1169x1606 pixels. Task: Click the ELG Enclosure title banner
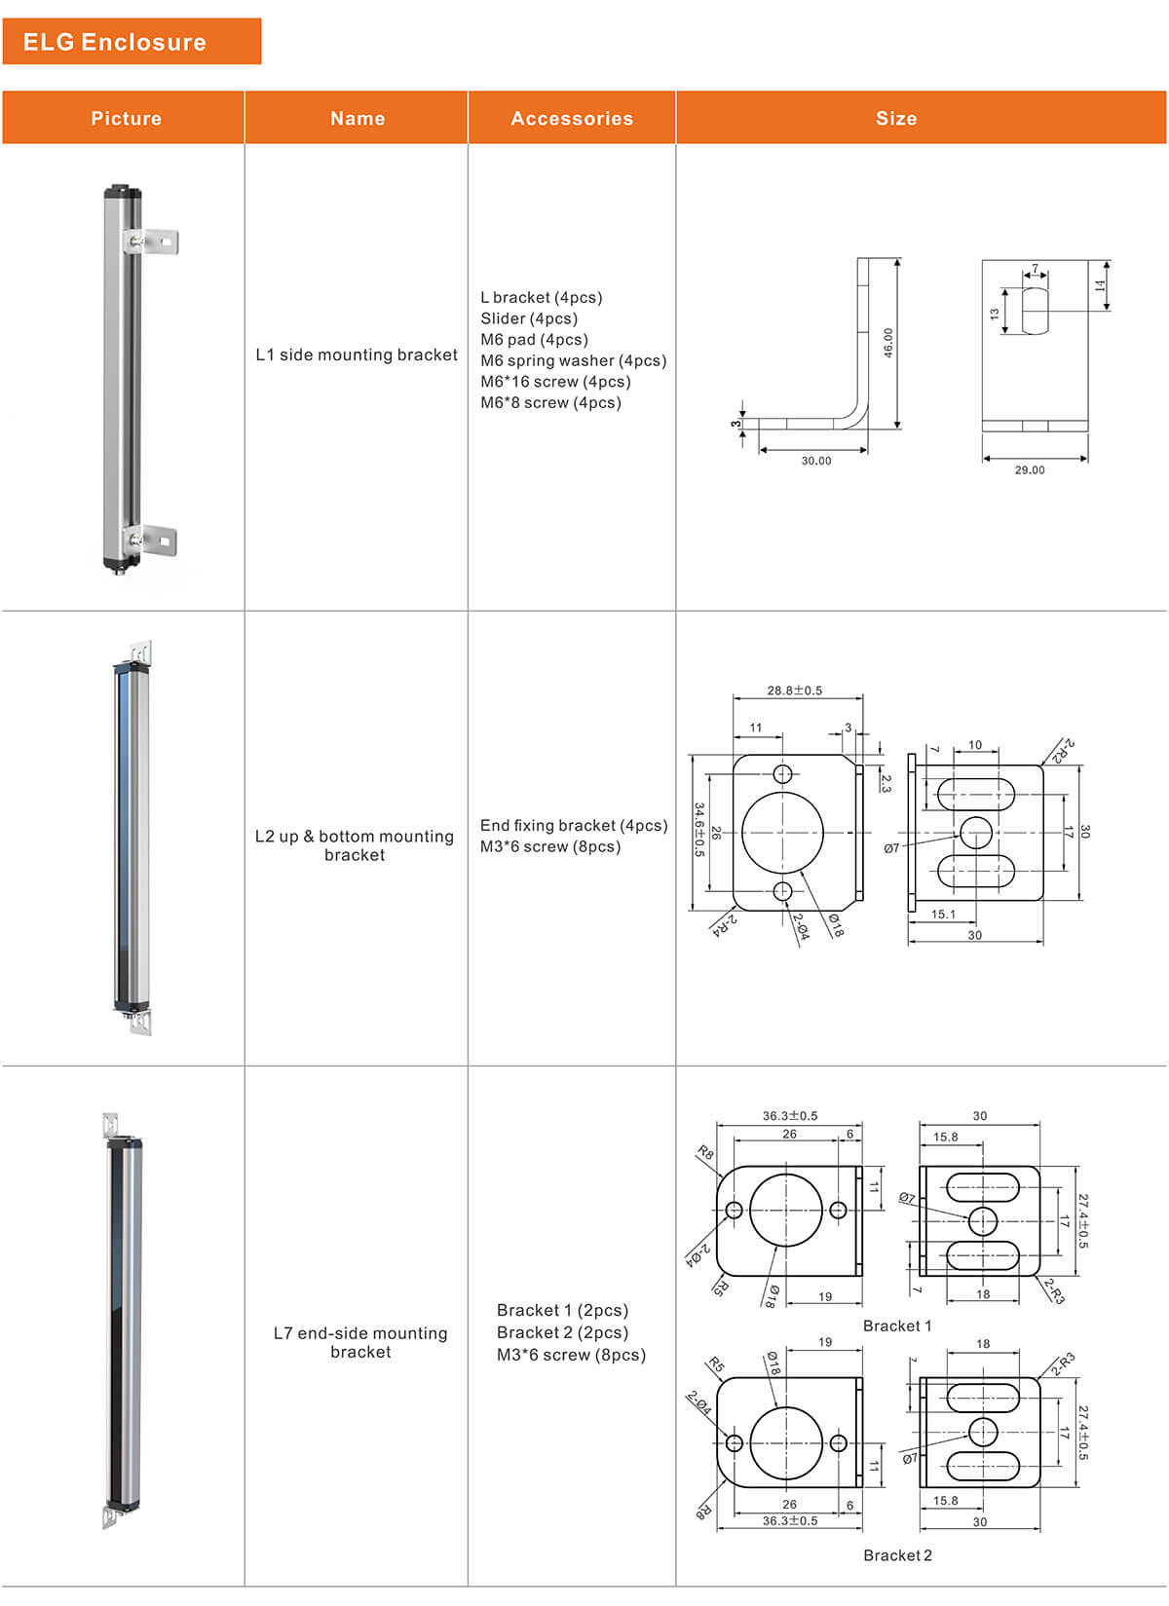132,42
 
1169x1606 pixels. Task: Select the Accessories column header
572,119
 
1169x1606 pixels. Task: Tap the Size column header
896,119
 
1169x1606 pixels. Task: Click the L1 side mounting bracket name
357,355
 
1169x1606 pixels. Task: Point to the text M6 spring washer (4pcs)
573,360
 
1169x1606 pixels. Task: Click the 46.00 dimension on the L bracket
887,342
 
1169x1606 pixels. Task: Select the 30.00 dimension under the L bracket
816,461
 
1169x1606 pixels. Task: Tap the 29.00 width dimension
1029,469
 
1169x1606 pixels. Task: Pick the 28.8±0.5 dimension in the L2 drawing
794,691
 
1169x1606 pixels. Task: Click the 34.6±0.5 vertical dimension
698,830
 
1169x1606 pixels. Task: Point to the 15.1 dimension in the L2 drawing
943,915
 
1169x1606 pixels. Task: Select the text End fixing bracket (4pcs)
573,825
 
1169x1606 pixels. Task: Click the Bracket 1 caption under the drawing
897,1326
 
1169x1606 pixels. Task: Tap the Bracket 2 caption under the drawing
897,1555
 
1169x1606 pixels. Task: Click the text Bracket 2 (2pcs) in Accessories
562,1332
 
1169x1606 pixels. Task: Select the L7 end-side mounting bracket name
360,1342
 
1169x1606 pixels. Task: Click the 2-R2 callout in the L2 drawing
1062,750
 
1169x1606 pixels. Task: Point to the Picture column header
126,119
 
